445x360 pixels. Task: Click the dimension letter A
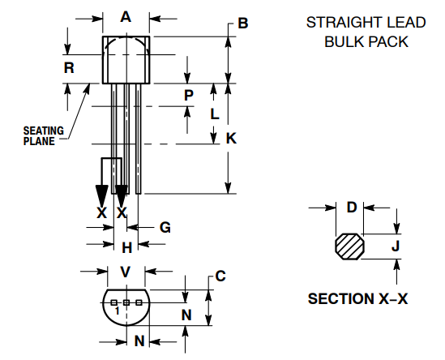point(126,17)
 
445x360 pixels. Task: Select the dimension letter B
point(242,24)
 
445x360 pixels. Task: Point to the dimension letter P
point(188,95)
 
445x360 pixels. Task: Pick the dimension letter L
point(214,114)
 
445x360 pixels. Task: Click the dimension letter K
point(231,139)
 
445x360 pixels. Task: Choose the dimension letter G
point(165,228)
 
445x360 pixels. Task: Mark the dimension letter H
point(126,246)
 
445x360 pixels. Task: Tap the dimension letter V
point(126,272)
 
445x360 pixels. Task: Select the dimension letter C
point(220,276)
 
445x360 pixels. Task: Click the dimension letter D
point(352,208)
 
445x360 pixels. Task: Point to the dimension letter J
point(396,246)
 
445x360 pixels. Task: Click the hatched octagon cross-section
point(350,246)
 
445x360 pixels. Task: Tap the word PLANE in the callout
point(38,141)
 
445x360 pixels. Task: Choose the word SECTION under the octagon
point(340,299)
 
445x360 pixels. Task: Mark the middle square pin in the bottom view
point(126,302)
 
